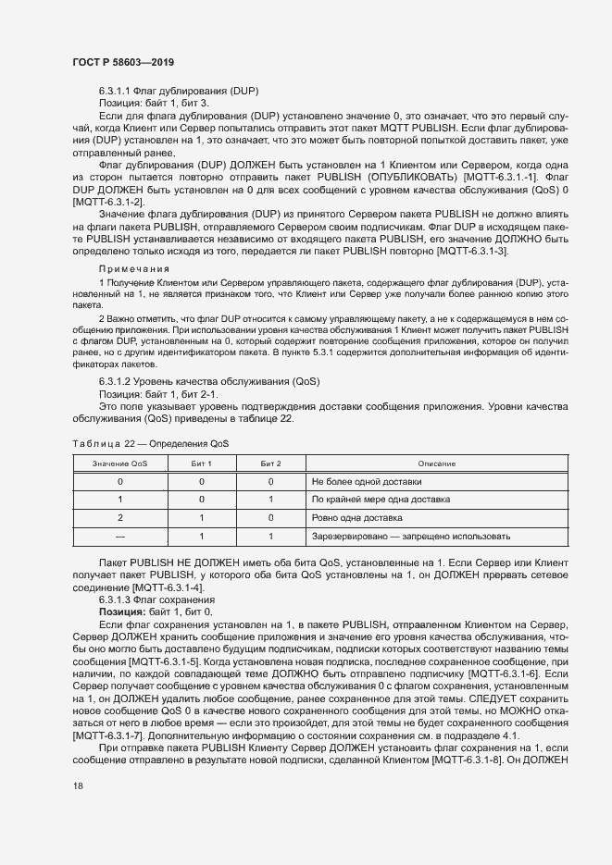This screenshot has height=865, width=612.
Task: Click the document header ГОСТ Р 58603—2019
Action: pyautogui.click(x=123, y=62)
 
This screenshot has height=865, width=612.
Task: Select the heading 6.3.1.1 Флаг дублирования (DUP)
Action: pyautogui.click(x=178, y=91)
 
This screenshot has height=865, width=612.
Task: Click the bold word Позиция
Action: pyautogui.click(x=120, y=612)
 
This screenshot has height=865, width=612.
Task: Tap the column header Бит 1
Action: pyautogui.click(x=201, y=463)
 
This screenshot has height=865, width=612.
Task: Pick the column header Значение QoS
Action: pyautogui.click(x=119, y=463)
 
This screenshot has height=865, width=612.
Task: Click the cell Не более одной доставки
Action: pyautogui.click(x=367, y=482)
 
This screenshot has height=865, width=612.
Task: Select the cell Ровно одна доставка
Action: pyautogui.click(x=357, y=518)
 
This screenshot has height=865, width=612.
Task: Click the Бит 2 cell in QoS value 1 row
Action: pyautogui.click(x=270, y=500)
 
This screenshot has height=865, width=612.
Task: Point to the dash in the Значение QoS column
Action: pyautogui.click(x=119, y=536)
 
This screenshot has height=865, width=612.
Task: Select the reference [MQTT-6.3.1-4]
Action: pyautogui.click(x=168, y=588)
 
